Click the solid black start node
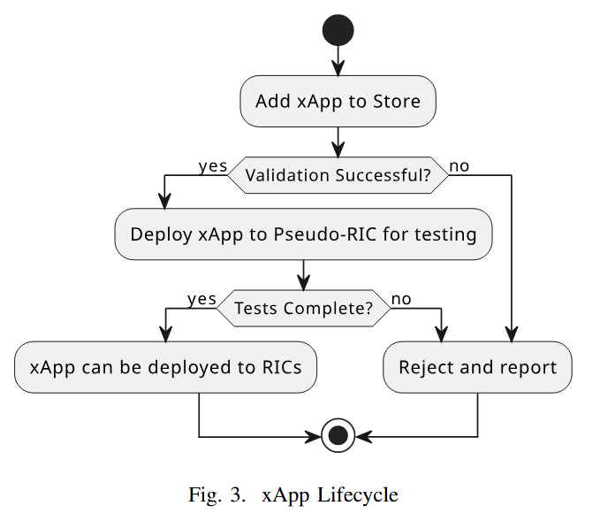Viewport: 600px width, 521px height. point(338,30)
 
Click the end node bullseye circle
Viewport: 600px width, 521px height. point(338,436)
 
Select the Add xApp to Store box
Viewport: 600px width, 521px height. point(338,101)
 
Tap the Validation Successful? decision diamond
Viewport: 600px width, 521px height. point(338,175)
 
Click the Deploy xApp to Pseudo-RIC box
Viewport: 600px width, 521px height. point(303,234)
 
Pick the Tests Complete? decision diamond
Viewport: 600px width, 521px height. point(303,309)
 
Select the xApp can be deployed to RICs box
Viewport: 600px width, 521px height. point(165,366)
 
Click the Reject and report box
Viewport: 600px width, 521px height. point(477,366)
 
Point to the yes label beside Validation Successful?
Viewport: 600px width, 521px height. point(212,165)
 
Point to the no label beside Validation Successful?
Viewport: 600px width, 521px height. point(459,165)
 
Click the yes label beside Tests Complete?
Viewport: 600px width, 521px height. point(201,299)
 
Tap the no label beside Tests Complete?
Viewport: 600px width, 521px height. point(401,299)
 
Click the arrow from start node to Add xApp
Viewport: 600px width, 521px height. point(338,60)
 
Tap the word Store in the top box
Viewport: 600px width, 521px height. point(397,101)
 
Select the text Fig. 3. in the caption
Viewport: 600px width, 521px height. point(216,494)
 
